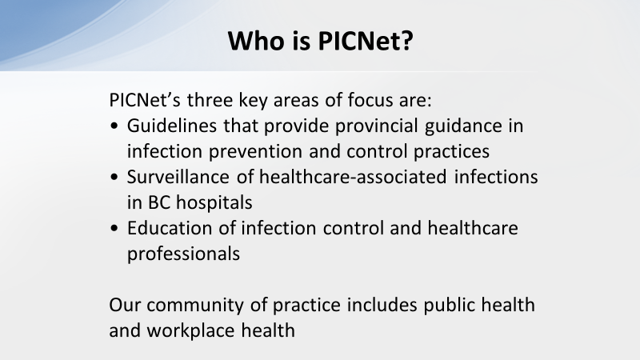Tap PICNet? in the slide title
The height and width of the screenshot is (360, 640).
click(366, 41)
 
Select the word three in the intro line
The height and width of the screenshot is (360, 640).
click(210, 100)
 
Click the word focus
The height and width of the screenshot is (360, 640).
click(370, 101)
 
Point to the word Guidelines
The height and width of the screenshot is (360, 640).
click(172, 126)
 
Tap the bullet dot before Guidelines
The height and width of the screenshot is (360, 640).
click(114, 126)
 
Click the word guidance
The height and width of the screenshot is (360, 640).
click(463, 126)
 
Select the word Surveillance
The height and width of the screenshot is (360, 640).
click(178, 177)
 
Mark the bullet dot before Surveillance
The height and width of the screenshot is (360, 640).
click(114, 178)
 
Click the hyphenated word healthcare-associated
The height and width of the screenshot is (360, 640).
click(353, 177)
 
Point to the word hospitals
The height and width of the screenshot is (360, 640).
click(214, 203)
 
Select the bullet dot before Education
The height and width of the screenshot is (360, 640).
click(114, 229)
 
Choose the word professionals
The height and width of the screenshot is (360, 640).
click(183, 254)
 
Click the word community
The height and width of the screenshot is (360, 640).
click(195, 306)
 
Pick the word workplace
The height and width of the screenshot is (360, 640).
click(190, 331)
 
